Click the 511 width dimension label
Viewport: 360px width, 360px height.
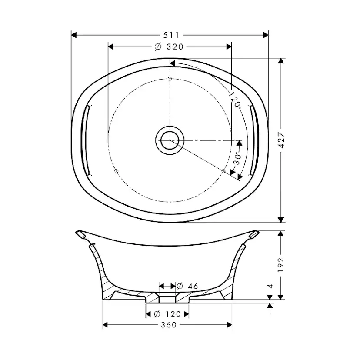[171, 35]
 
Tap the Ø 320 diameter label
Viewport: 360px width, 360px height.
[169, 47]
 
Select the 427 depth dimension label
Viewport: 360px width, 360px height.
[281, 140]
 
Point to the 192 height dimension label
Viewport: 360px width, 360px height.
[281, 265]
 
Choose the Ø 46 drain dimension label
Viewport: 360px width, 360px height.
[187, 286]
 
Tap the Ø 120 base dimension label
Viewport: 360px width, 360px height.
[167, 313]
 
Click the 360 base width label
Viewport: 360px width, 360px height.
[169, 325]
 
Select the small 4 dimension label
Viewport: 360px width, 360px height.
[270, 286]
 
